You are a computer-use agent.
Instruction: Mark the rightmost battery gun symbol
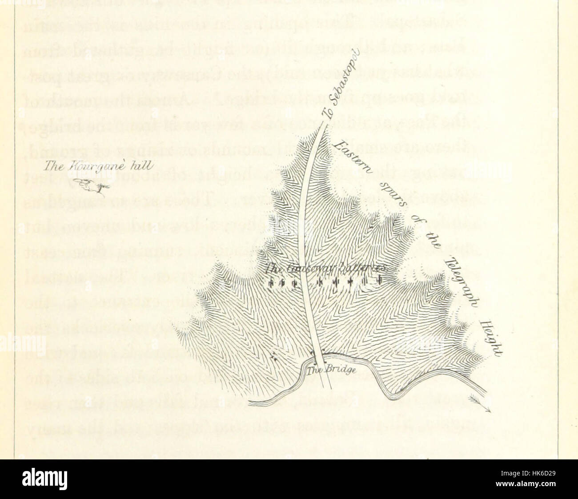(380, 281)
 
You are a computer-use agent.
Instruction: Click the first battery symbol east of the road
(319, 282)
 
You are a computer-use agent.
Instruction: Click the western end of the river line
(250, 403)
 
